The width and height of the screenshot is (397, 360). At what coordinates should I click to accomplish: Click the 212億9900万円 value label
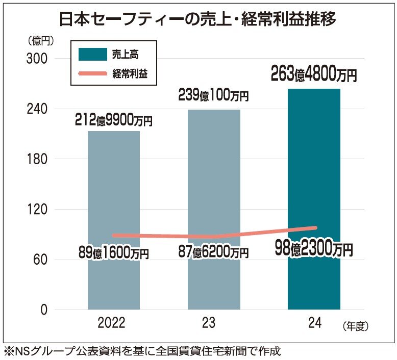pyautogui.click(x=114, y=120)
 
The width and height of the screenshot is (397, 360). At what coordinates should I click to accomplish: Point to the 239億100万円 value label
pyautogui.click(x=213, y=95)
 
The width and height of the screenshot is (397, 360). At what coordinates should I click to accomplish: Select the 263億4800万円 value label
pyautogui.click(x=314, y=75)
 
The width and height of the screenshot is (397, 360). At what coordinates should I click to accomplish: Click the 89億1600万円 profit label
pyautogui.click(x=114, y=252)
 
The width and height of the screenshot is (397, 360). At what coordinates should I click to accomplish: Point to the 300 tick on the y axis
pyautogui.click(x=37, y=59)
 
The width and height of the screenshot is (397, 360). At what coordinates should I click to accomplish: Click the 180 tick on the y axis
pyautogui.click(x=37, y=159)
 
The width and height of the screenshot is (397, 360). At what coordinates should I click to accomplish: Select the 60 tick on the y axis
pyautogui.click(x=40, y=260)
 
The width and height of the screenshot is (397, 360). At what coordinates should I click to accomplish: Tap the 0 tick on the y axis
pyautogui.click(x=43, y=310)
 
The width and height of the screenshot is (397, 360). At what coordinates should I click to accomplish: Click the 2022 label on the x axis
pyautogui.click(x=114, y=323)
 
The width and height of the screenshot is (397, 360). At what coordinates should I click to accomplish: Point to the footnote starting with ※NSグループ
pyautogui.click(x=143, y=351)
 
